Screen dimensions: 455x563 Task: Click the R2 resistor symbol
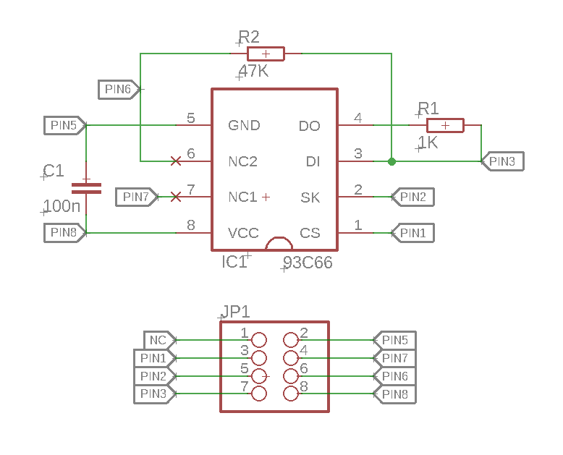[x=266, y=54]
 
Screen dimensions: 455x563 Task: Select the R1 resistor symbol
[x=445, y=125]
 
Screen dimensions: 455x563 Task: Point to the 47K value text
[x=254, y=72]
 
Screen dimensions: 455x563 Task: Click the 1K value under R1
[x=428, y=143]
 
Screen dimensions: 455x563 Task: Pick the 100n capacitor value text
[x=62, y=207]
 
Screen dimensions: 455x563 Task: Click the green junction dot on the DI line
[x=391, y=161]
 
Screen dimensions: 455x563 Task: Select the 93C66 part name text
[x=308, y=263]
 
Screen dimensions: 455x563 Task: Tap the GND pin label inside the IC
[x=244, y=126]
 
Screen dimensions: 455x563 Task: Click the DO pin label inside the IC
[x=309, y=126]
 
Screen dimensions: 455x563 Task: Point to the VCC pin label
[x=243, y=233]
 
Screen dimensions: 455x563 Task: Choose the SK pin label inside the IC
[x=310, y=197]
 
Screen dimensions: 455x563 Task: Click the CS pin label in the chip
[x=310, y=233]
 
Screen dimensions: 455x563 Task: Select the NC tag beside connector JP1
[x=158, y=340]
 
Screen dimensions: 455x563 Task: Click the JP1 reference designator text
[x=235, y=312]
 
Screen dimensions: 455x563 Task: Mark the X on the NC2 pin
[x=175, y=161]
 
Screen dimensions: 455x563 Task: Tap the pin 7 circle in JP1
[x=258, y=394]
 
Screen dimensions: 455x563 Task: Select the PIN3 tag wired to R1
[x=502, y=161]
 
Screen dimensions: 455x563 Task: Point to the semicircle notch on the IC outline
[x=279, y=244]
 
